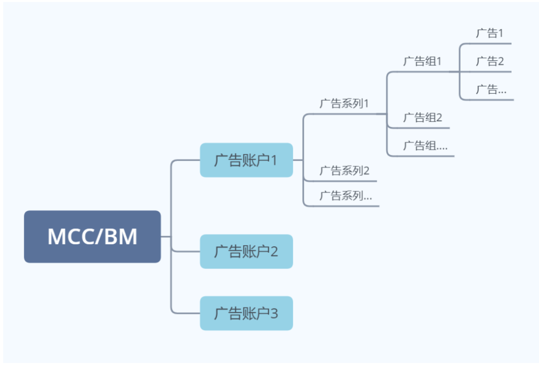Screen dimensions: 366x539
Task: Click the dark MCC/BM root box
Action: coord(92,236)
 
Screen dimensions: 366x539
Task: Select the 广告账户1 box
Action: coord(246,160)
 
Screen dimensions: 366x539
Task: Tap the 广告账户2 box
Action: coord(246,251)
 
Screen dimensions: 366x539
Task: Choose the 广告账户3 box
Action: coord(246,313)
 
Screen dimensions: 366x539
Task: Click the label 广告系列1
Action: coord(344,104)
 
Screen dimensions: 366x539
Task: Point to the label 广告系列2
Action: coord(344,171)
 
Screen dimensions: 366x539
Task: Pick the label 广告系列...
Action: coord(345,195)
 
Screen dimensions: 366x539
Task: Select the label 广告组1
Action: coord(422,61)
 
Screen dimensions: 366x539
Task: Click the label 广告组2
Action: coord(422,118)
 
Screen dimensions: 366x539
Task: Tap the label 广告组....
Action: coord(425,146)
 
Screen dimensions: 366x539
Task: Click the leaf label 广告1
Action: coord(489,33)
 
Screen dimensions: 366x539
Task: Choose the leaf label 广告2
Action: coord(490,61)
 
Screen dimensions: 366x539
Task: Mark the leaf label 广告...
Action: coord(491,89)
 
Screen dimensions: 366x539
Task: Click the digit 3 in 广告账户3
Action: coord(273,314)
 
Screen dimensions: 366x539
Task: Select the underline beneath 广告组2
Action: coord(422,128)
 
